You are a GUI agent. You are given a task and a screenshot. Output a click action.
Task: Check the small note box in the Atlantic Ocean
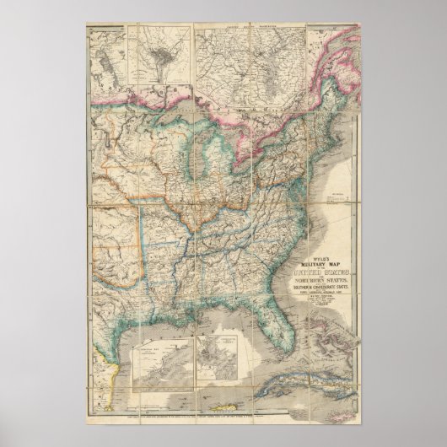[342, 197]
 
